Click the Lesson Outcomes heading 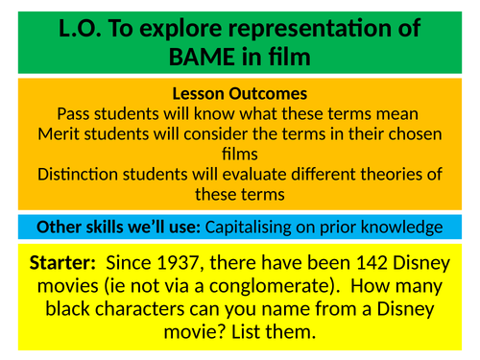[239, 94]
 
